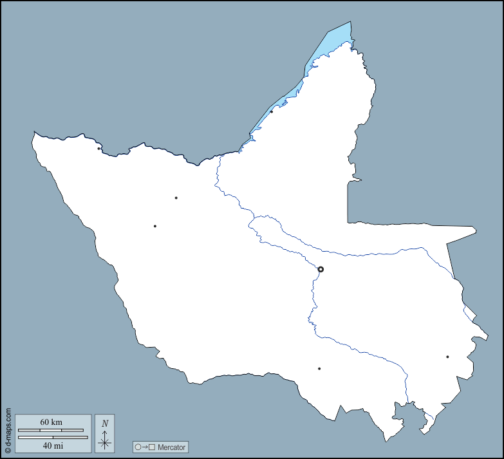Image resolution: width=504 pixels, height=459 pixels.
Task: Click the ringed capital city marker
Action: pyautogui.click(x=321, y=269)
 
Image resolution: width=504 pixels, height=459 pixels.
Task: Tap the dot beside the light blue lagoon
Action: pyautogui.click(x=272, y=111)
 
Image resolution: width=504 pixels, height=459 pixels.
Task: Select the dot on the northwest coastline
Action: pyautogui.click(x=98, y=149)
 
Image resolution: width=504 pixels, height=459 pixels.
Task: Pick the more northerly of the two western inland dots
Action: pyautogui.click(x=176, y=198)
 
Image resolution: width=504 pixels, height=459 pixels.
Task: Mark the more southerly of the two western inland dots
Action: pyautogui.click(x=154, y=226)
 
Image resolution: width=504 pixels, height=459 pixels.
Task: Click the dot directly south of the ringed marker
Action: pyautogui.click(x=319, y=369)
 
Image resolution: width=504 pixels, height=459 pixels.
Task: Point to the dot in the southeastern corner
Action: pyautogui.click(x=447, y=357)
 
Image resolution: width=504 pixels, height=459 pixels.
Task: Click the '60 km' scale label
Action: pyautogui.click(x=51, y=422)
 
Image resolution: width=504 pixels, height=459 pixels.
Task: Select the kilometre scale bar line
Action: pyautogui.click(x=50, y=430)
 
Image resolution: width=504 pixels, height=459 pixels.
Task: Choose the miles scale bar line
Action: pyautogui.click(x=53, y=437)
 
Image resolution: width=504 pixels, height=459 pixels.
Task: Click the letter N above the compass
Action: pyautogui.click(x=105, y=424)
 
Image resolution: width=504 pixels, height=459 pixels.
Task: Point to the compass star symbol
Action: pyautogui.click(x=105, y=442)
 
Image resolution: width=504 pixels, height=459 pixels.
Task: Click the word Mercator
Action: pyautogui.click(x=171, y=447)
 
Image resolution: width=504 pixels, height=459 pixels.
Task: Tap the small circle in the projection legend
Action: pyautogui.click(x=138, y=447)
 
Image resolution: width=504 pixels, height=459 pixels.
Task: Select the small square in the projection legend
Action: pyautogui.click(x=152, y=447)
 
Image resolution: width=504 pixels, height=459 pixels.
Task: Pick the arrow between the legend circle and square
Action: pyautogui.click(x=145, y=447)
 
